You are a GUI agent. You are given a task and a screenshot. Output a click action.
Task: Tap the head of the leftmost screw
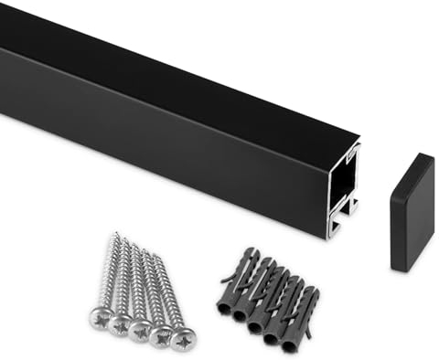(101, 319)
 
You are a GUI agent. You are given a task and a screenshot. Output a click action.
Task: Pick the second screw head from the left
(120, 323)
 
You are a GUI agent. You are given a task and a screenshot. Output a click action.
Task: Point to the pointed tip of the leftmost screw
(115, 235)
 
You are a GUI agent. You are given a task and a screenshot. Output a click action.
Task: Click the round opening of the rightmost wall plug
(289, 344)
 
